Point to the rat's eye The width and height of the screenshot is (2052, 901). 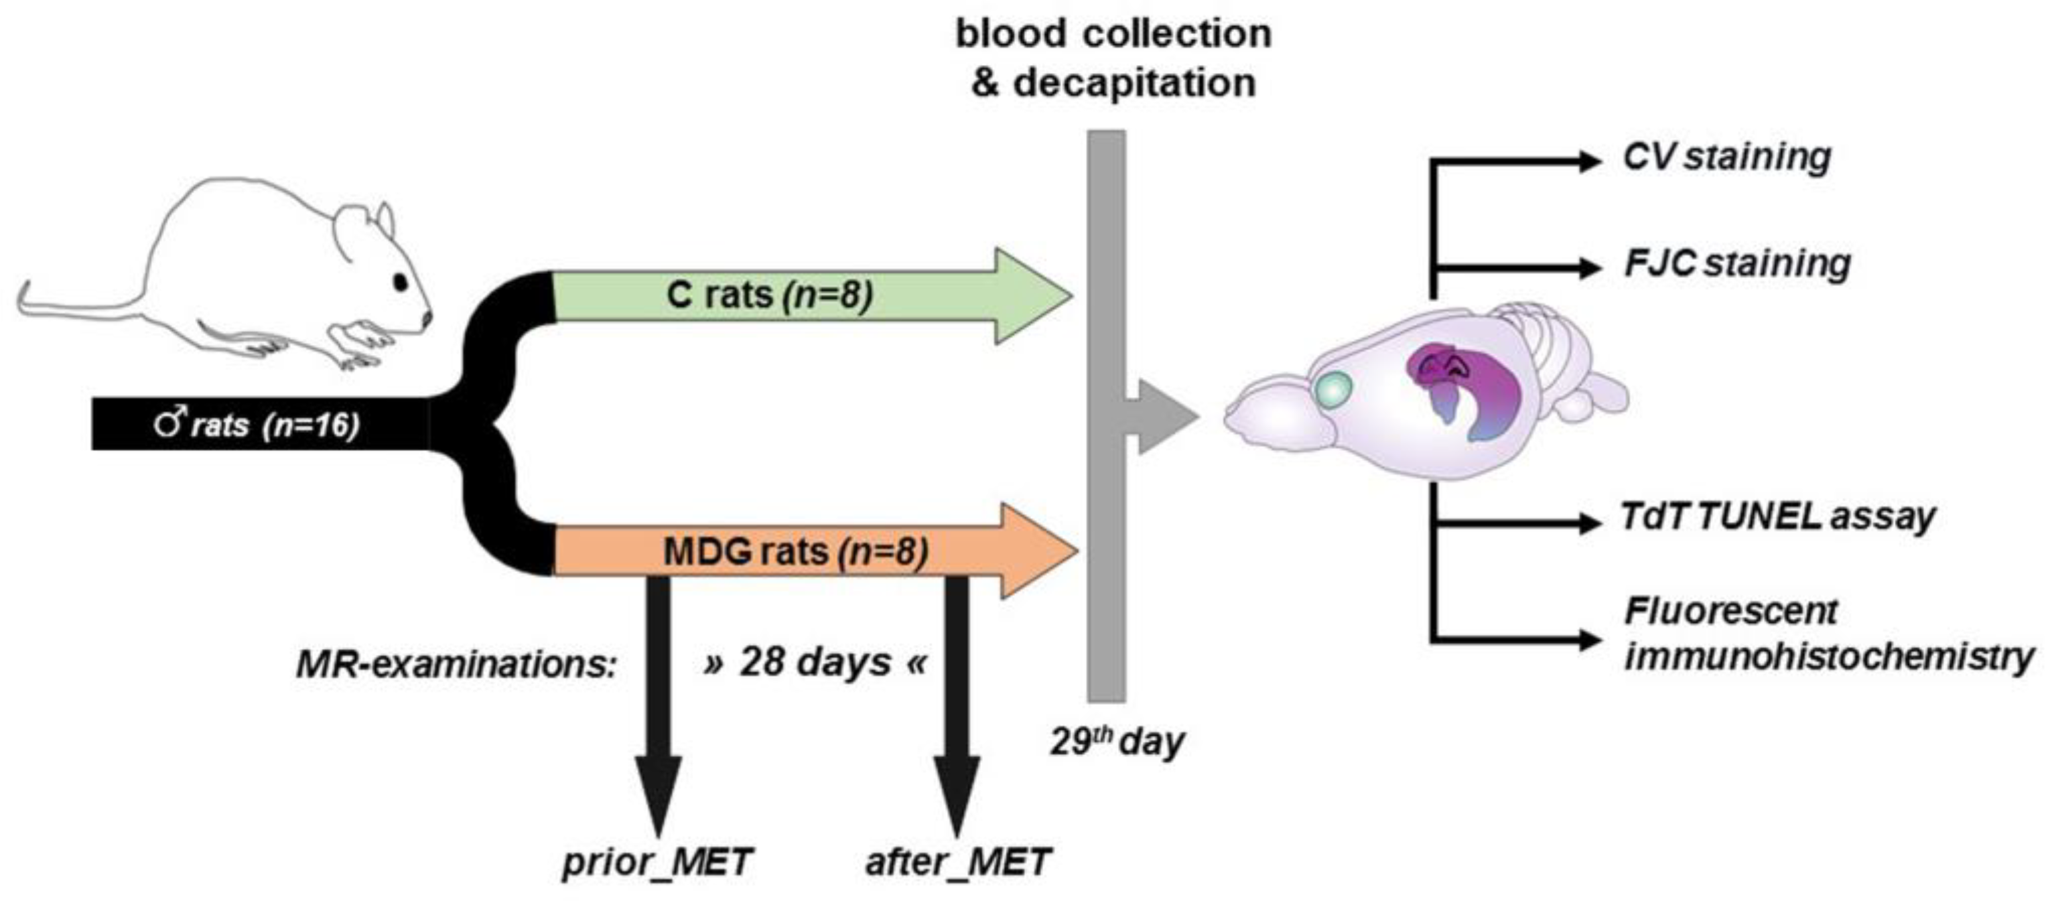[400, 281]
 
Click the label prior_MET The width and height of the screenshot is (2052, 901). [657, 862]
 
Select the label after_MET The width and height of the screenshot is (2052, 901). [957, 862]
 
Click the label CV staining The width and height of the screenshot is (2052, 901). [1727, 157]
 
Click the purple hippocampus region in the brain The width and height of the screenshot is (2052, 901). [1474, 391]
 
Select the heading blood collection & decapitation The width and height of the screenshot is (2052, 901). [1113, 59]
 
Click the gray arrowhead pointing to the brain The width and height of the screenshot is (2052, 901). [1164, 417]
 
